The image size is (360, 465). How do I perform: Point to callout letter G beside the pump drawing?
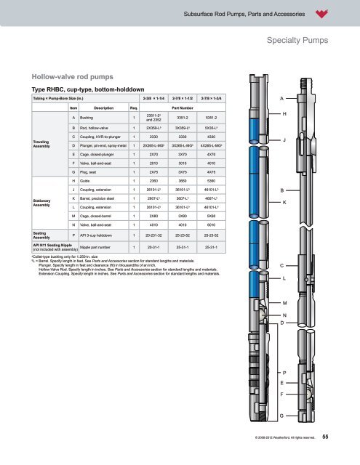282,414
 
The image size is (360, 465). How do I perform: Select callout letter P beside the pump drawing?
282,372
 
